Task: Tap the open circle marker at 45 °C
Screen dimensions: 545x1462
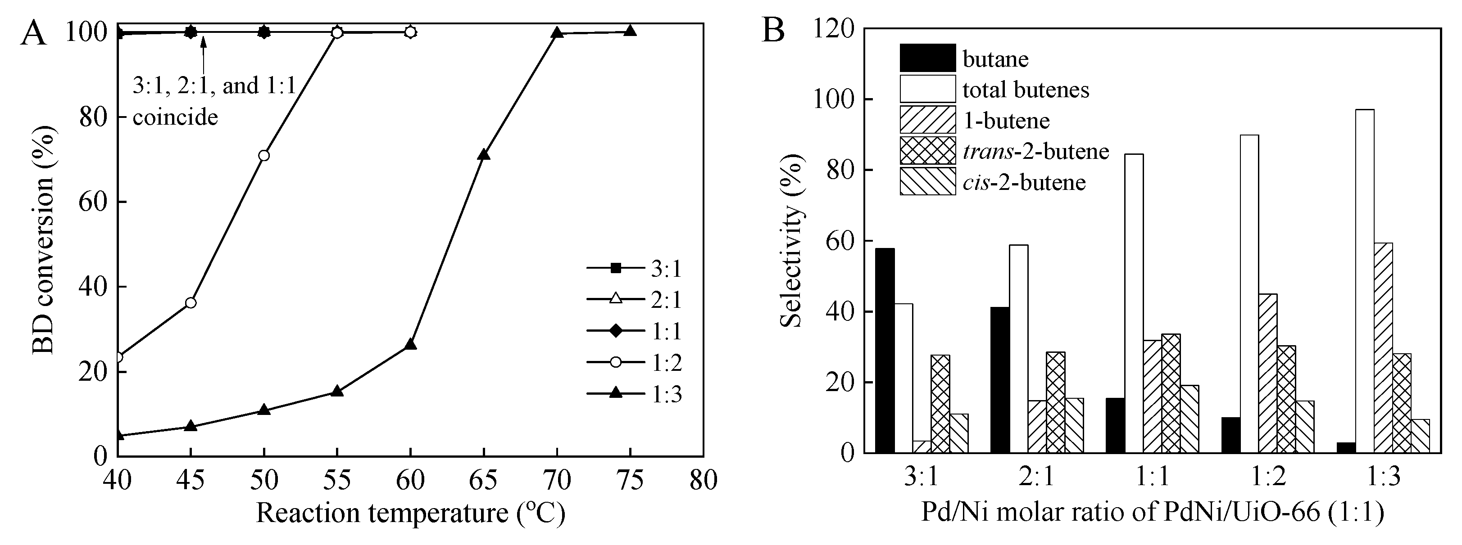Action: pos(191,303)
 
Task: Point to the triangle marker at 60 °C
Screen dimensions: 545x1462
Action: pos(410,344)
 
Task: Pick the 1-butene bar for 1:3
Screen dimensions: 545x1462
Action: pos(1383,347)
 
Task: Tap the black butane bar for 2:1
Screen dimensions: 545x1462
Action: pos(1000,380)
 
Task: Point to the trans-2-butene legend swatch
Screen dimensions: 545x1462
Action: pos(927,151)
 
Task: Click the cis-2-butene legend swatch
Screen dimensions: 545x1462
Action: pos(927,181)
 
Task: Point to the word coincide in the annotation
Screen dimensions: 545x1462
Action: pos(175,117)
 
